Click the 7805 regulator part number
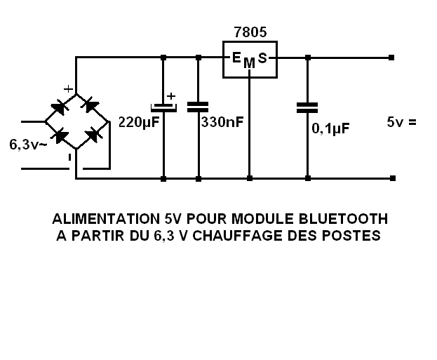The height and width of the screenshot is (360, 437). (x=250, y=32)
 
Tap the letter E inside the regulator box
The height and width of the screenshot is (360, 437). (x=236, y=58)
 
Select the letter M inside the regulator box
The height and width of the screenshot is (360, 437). (x=249, y=63)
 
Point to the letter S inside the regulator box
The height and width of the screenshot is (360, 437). (x=262, y=58)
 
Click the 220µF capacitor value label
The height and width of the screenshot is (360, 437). (x=139, y=122)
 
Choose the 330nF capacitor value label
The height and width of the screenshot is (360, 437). (x=222, y=122)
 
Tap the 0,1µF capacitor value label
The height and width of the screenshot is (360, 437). (x=330, y=128)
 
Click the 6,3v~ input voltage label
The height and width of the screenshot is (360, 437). (x=28, y=145)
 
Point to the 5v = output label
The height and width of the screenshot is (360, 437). (x=402, y=122)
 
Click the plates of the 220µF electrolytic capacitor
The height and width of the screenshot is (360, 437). (x=163, y=107)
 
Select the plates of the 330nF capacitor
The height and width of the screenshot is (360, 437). (x=198, y=107)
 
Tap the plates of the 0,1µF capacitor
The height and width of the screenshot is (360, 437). (x=307, y=108)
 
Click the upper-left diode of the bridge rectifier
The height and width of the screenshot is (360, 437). (x=60, y=107)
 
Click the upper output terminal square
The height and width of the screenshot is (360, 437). (x=391, y=58)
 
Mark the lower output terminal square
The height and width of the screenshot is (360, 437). (x=393, y=178)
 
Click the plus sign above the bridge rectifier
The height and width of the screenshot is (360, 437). (x=68, y=89)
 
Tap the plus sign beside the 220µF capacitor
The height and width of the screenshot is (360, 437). (x=171, y=96)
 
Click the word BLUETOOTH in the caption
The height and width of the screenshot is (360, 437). (x=343, y=219)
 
